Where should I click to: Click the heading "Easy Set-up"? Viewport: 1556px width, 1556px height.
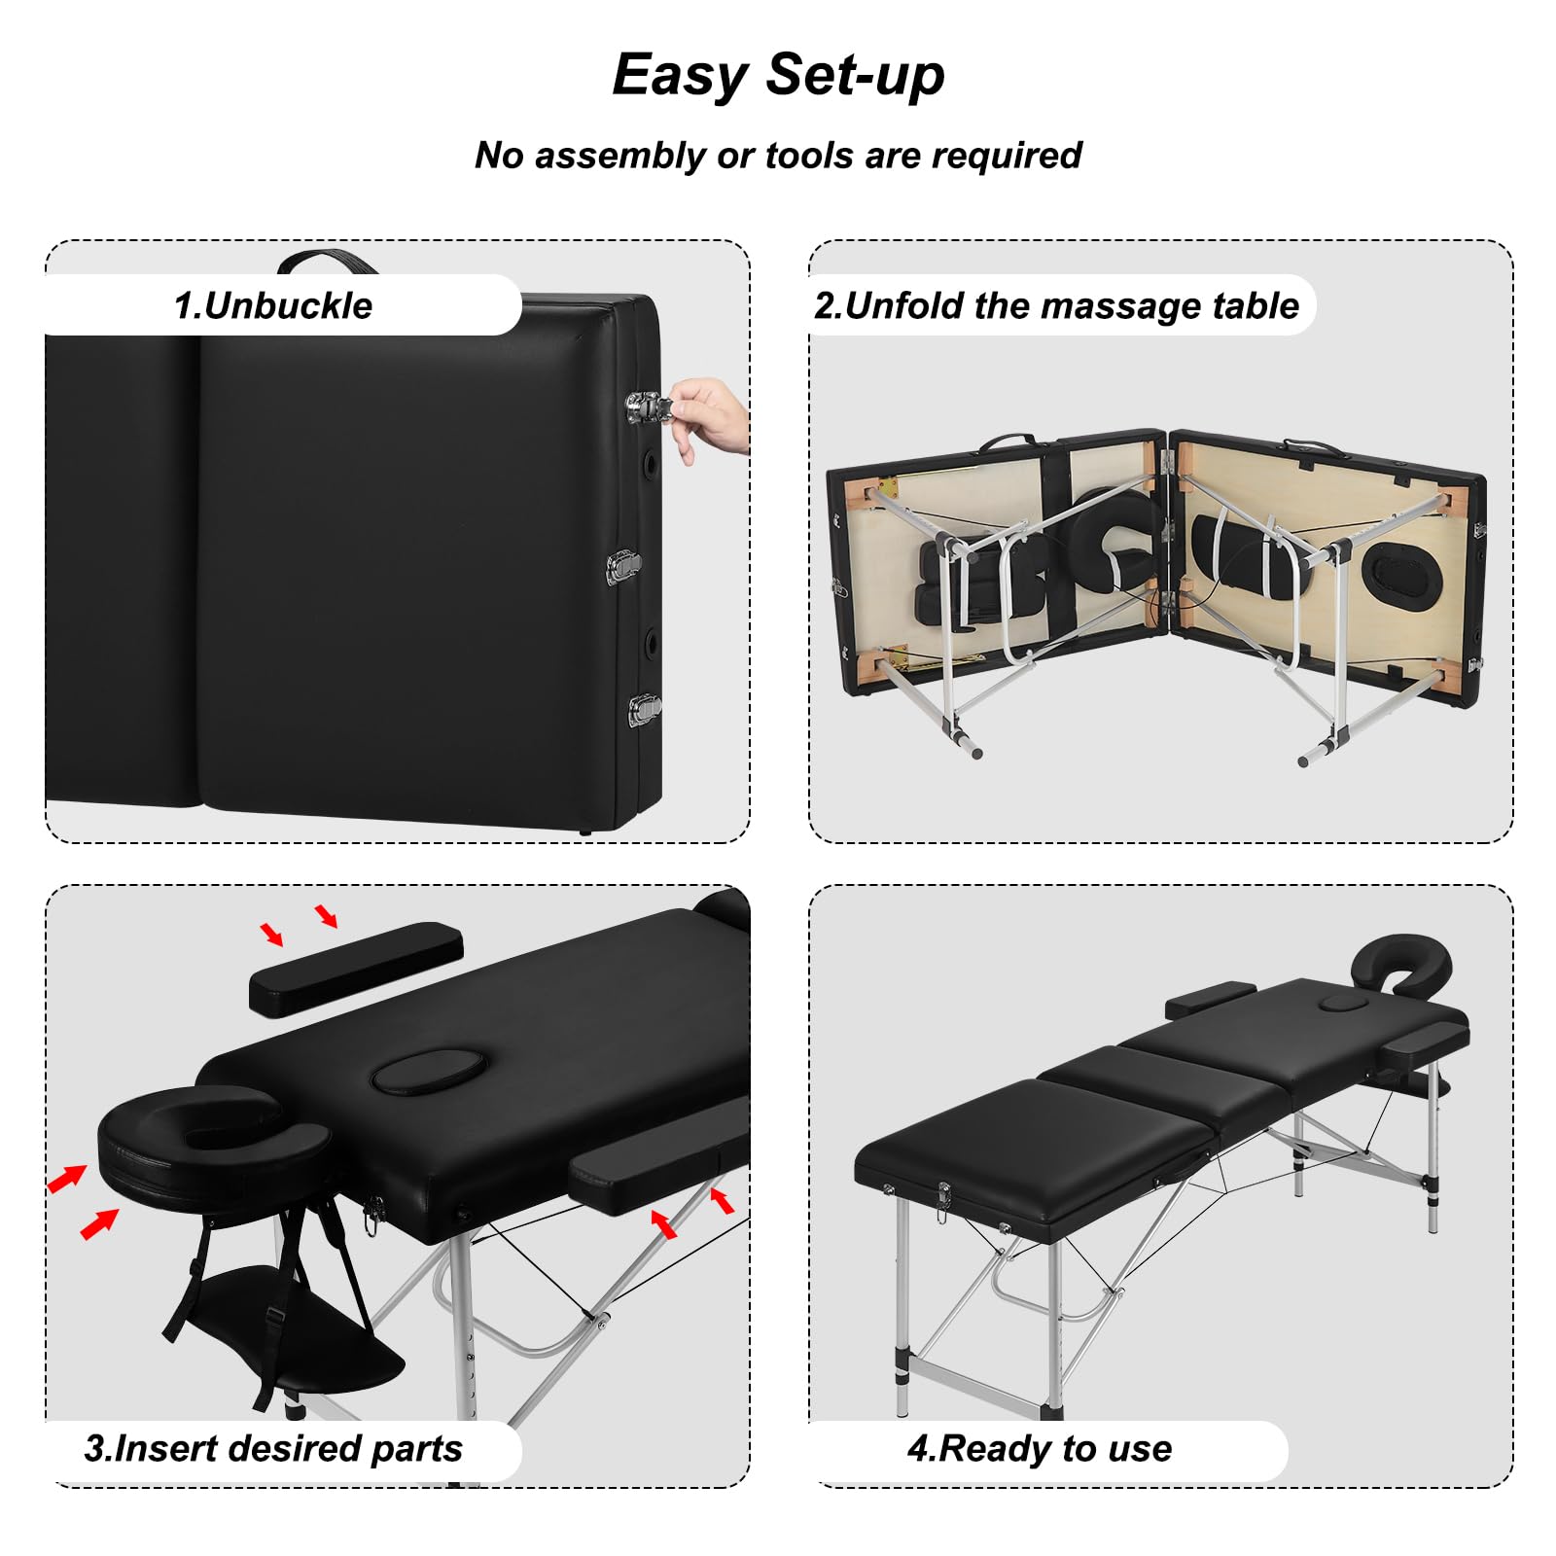click(x=778, y=75)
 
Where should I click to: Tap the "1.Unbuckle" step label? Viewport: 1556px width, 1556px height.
click(x=273, y=305)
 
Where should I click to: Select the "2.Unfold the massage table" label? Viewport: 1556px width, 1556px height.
click(x=1056, y=305)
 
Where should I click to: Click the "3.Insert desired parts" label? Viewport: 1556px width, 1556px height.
click(x=273, y=1448)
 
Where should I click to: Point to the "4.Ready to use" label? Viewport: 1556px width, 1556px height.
click(x=1040, y=1448)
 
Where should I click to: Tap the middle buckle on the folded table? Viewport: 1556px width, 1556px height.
click(x=623, y=568)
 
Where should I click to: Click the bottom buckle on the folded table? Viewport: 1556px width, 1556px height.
click(x=644, y=711)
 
